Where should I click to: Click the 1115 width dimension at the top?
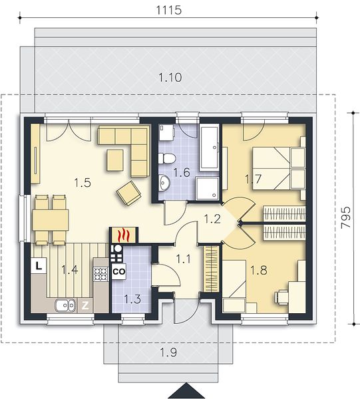(168, 10)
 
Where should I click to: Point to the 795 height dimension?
(346, 217)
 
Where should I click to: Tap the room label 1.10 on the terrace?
(170, 77)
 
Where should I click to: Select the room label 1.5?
(83, 183)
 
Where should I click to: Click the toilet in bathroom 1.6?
(167, 158)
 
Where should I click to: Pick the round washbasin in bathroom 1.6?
(164, 182)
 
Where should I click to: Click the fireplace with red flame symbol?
(124, 235)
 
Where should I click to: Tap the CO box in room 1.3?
(119, 271)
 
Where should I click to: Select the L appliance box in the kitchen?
(39, 266)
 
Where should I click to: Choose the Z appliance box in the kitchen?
(85, 305)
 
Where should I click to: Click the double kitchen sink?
(65, 305)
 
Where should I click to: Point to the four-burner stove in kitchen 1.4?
(100, 274)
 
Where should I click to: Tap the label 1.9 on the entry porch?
(168, 352)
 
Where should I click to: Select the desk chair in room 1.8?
(281, 297)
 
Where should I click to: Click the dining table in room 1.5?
(51, 220)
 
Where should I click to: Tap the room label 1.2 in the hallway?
(212, 219)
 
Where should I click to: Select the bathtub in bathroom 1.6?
(210, 148)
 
